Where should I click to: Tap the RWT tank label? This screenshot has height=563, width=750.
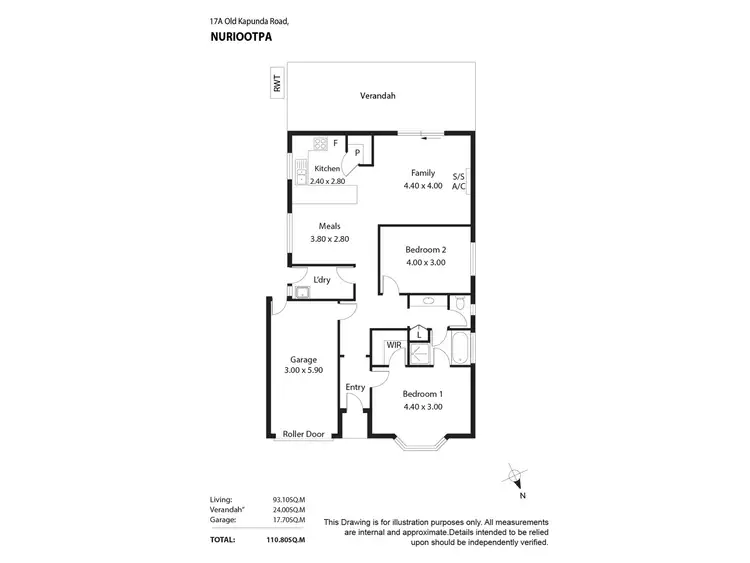277,86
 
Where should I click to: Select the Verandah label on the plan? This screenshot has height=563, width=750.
378,96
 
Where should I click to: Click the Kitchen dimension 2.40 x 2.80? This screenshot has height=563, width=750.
327,181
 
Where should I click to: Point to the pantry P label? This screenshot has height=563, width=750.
357,153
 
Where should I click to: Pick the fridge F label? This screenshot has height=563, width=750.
336,142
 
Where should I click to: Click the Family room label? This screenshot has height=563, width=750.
422,173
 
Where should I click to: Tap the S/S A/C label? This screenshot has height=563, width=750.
458,180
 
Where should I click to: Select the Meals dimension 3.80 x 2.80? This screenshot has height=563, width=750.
330,240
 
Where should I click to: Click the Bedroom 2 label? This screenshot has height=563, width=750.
425,249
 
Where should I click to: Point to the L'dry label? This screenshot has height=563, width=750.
322,279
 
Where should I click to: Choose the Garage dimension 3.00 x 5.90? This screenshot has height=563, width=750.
303,371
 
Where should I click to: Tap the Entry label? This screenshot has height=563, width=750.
355,387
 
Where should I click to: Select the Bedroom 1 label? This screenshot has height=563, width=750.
422,394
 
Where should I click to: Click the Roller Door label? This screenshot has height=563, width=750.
303,434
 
